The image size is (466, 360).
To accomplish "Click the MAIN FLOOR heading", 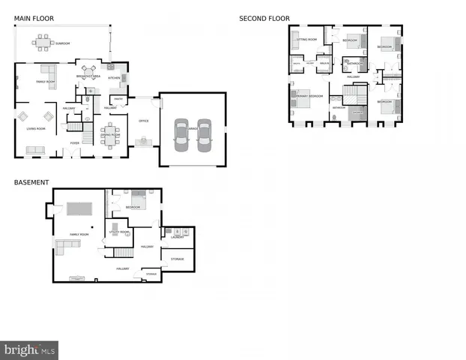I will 31,19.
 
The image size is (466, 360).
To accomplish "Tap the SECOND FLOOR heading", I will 264,19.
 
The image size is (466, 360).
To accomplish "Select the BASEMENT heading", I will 31,182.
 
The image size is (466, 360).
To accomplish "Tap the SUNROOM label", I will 63,43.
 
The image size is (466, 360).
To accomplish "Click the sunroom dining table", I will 43,40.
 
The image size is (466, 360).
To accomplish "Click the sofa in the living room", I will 35,150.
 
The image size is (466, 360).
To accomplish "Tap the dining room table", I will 111,138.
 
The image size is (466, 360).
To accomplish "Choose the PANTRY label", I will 118,98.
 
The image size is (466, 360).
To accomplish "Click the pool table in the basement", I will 78,208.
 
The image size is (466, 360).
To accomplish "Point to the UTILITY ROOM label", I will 120,232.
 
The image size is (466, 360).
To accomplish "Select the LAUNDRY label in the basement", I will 177,237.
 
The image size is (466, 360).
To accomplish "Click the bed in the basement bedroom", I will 147,200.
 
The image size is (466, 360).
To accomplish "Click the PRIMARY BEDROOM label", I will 310,96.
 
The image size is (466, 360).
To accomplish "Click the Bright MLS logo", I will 30,350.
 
